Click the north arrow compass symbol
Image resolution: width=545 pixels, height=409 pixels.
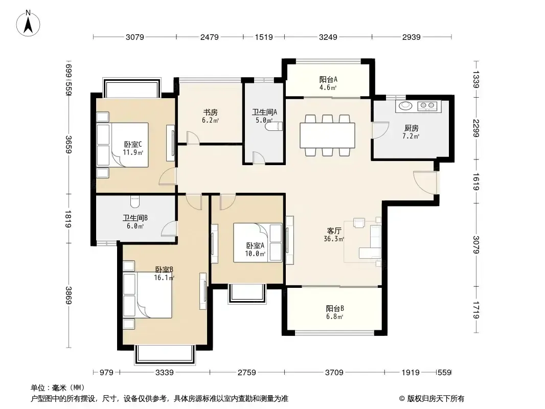click(28, 24)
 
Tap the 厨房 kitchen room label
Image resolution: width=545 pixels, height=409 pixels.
click(411, 128)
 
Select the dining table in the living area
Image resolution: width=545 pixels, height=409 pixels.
click(327, 135)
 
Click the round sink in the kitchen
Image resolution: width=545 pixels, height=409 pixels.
click(404, 105)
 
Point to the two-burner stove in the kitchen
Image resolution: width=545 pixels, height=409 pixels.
click(427, 105)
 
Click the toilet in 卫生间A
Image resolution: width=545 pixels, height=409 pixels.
click(274, 126)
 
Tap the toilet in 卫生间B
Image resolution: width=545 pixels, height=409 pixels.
click(135, 200)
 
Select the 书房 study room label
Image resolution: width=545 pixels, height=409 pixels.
click(210, 112)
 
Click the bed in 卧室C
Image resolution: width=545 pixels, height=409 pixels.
click(130, 145)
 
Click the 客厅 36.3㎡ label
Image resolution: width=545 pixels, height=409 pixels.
click(334, 235)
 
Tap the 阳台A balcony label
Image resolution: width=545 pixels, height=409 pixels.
click(328, 79)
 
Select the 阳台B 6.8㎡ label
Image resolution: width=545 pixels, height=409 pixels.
click(335, 312)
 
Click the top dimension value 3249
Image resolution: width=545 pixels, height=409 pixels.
click(328, 37)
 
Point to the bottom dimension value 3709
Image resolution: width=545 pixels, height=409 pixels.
click(334, 373)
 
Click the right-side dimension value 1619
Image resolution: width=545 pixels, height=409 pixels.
click(476, 181)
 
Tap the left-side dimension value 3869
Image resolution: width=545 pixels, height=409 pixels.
click(69, 296)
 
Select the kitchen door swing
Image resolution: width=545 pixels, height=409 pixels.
click(380, 130)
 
